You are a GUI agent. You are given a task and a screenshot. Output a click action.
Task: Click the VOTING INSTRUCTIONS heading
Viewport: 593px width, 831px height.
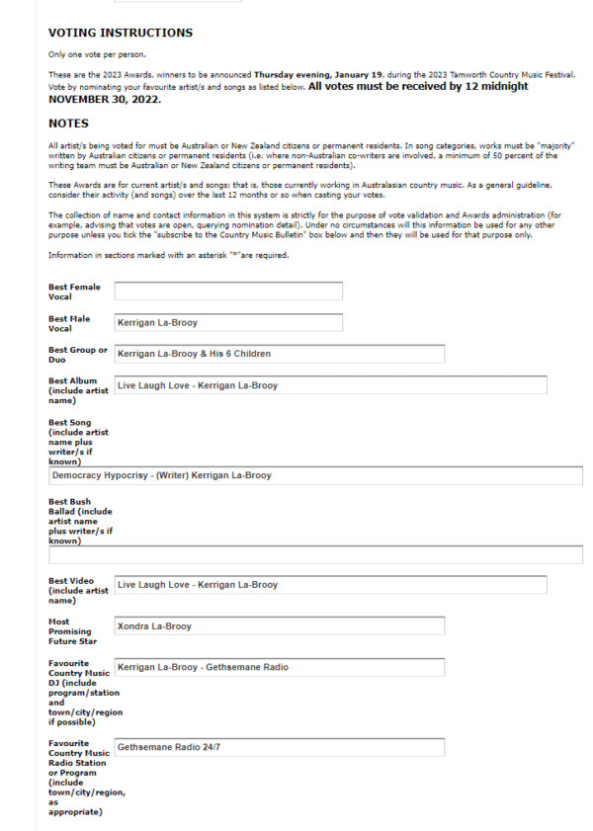coord(120,33)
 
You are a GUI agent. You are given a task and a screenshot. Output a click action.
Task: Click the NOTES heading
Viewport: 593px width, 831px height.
coord(68,124)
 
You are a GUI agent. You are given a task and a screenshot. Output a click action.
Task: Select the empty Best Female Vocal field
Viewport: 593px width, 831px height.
coord(228,291)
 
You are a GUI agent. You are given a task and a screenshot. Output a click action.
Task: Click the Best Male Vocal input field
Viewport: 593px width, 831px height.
coord(228,322)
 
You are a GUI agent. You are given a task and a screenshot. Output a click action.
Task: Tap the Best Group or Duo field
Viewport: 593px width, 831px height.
coord(279,354)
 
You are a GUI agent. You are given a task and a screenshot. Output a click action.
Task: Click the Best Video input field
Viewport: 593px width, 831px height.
coord(330,585)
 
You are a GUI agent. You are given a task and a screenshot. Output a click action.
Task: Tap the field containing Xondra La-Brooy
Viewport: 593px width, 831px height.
coord(279,626)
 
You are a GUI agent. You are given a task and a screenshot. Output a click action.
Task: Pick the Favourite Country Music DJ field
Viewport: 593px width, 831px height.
coord(279,668)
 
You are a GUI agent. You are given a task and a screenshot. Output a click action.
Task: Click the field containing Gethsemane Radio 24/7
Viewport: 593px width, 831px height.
coord(279,747)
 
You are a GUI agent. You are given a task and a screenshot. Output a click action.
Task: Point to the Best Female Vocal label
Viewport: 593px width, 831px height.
coord(73,291)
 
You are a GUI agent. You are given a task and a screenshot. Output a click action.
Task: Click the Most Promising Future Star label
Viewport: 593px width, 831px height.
coord(72,631)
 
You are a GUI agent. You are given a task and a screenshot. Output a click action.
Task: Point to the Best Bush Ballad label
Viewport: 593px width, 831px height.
coord(80,521)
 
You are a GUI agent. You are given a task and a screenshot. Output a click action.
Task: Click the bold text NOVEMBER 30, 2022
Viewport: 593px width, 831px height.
coord(104,99)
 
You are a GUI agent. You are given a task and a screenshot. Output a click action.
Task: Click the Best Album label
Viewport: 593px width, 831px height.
coord(77,390)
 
